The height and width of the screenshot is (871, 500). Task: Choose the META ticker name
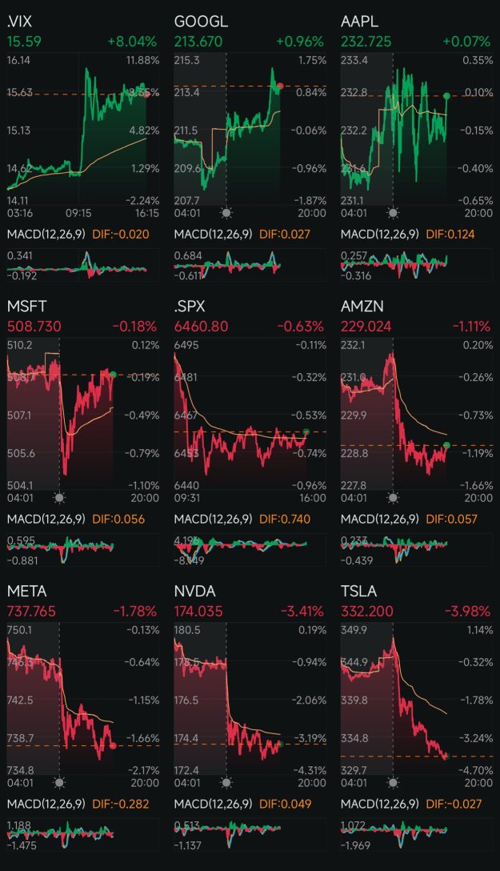pyautogui.click(x=26, y=591)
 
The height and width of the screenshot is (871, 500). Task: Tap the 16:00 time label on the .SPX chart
pyautogui.click(x=312, y=497)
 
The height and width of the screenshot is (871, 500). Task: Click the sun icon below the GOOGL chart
pyautogui.click(x=226, y=213)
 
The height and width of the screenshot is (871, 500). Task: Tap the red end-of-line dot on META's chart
pyautogui.click(x=113, y=745)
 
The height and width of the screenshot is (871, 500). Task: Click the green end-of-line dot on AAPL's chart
pyautogui.click(x=446, y=95)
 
